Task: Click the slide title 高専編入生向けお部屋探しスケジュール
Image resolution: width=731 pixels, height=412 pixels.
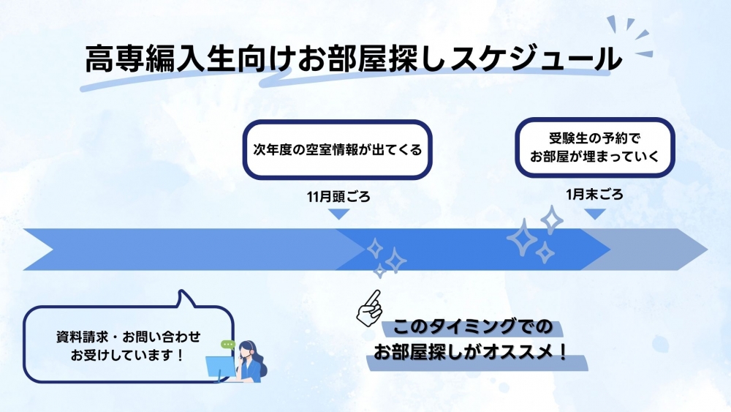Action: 353,59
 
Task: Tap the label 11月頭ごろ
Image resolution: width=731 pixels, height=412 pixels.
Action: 338,197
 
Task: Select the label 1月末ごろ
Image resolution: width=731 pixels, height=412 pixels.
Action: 594,195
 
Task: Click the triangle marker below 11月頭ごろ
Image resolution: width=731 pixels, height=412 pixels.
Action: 339,214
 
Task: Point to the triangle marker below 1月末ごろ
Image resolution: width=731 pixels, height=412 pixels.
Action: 595,214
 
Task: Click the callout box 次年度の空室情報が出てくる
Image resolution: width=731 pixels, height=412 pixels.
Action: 337,150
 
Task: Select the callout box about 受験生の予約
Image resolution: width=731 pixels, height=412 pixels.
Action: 595,147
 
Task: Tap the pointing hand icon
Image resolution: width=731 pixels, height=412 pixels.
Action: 370,308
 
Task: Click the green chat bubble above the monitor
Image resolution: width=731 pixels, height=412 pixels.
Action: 228,345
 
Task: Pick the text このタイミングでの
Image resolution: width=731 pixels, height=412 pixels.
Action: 472,326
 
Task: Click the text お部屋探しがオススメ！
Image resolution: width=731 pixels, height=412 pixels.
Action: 471,351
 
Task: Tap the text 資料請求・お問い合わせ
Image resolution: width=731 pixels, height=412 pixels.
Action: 128,337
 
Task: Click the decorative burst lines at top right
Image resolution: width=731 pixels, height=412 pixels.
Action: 630,37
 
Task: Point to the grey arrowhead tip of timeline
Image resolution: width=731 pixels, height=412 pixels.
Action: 707,250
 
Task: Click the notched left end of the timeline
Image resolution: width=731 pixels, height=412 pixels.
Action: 52,250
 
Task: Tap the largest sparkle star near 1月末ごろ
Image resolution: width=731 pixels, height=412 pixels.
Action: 522,238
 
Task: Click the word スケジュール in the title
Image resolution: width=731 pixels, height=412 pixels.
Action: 536,59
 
